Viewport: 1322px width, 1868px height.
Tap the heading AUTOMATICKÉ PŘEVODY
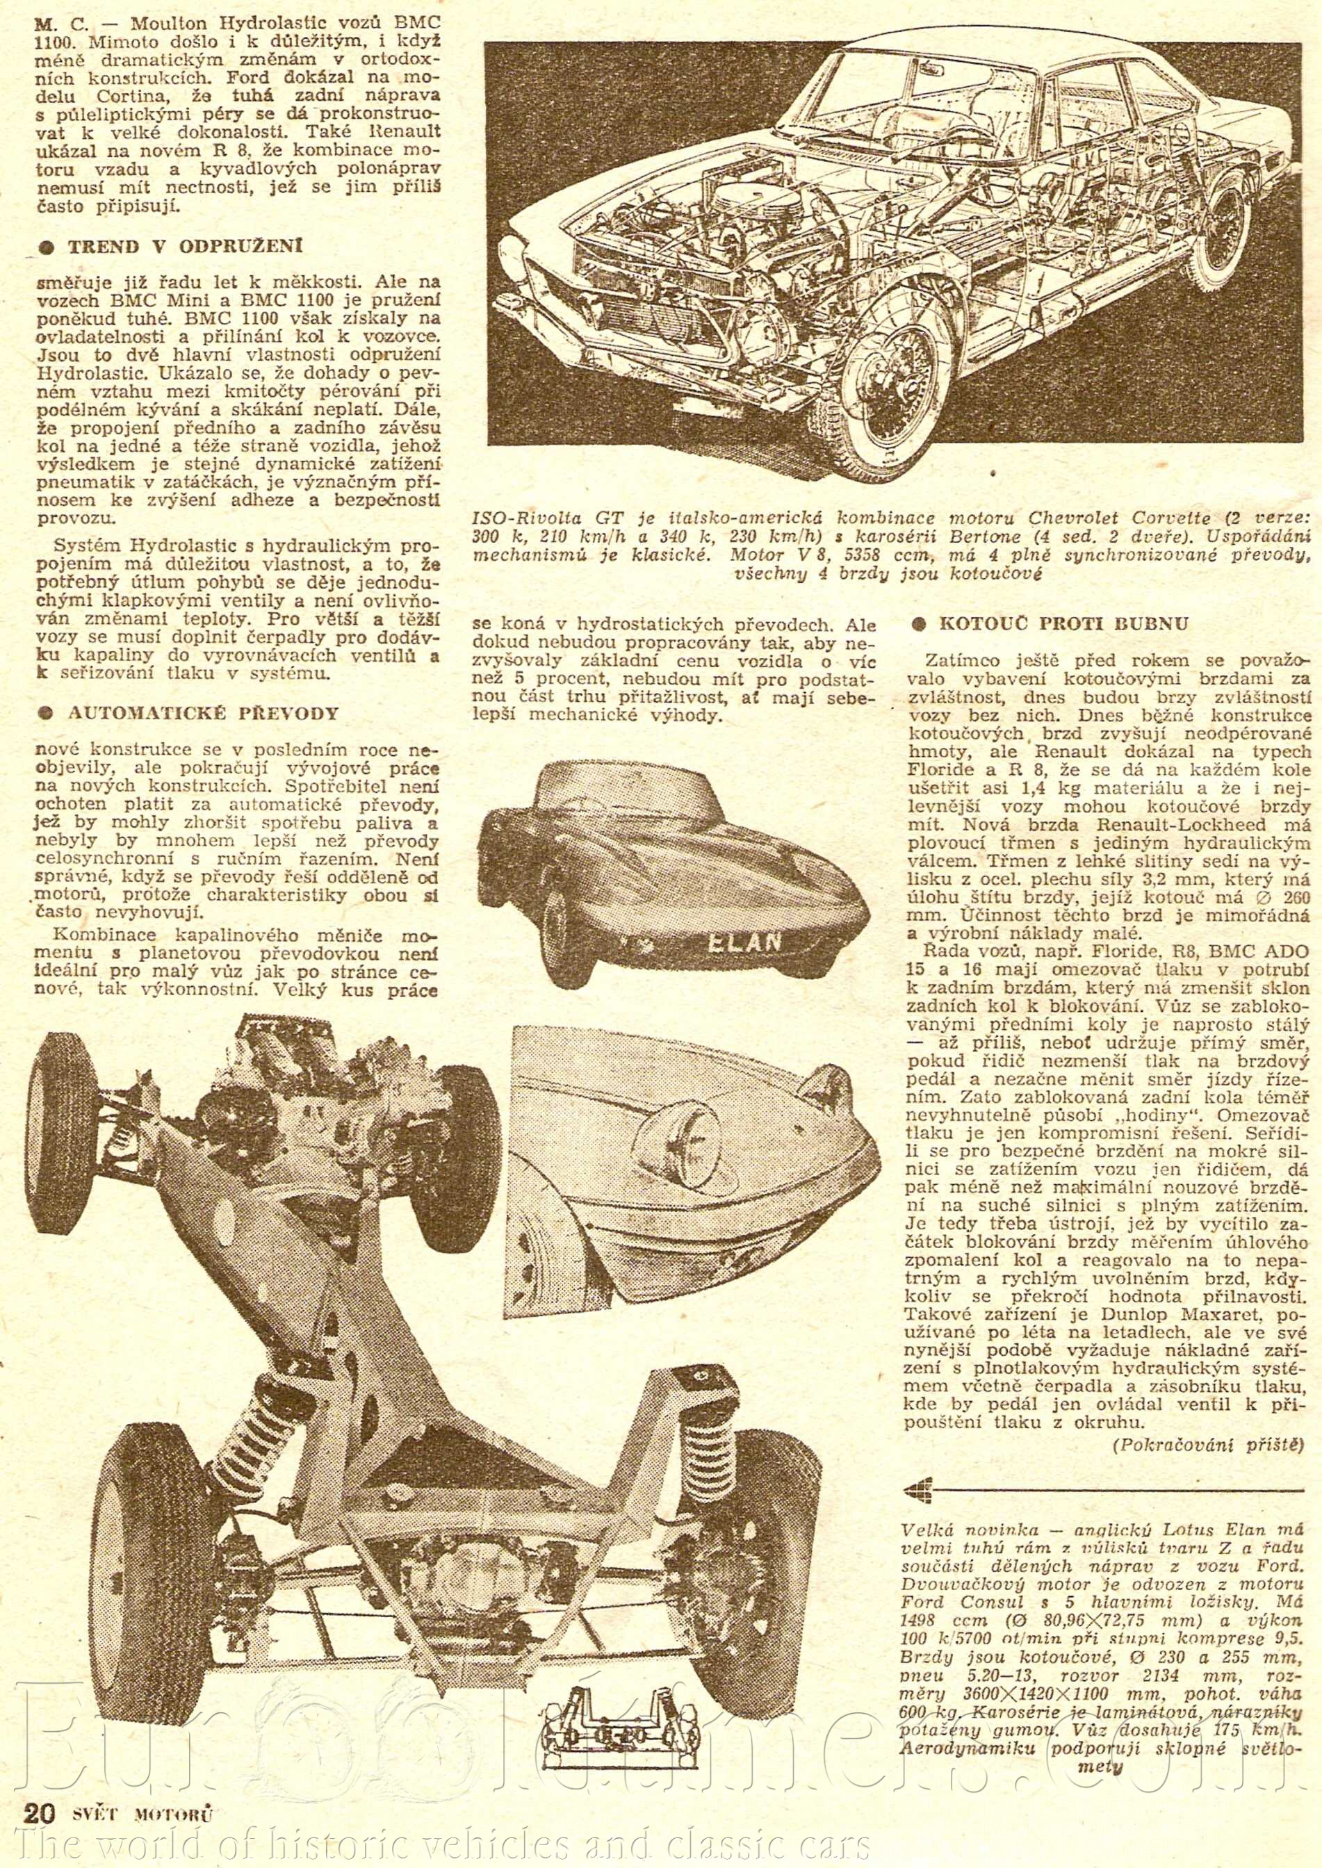coord(189,712)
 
